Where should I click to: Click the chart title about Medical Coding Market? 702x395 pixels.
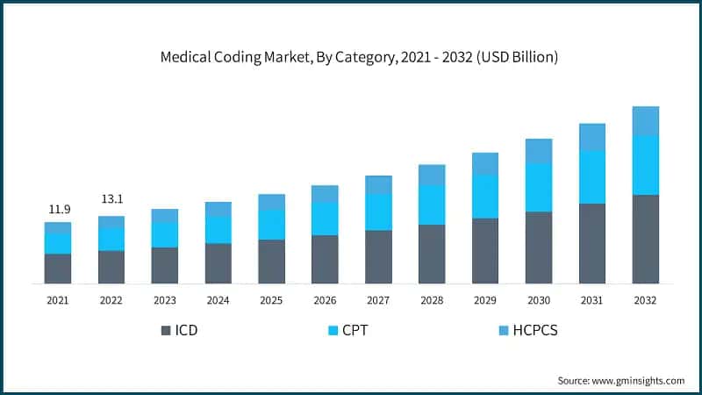tap(359, 58)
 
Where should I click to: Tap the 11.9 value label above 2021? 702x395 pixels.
tap(58, 209)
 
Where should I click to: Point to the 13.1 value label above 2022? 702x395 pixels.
tap(111, 199)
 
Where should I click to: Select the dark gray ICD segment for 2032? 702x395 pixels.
tap(645, 239)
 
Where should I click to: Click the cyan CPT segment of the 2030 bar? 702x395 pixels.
tap(539, 187)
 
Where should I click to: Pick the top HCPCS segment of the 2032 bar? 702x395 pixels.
tap(645, 121)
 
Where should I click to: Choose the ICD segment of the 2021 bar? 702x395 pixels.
tap(58, 269)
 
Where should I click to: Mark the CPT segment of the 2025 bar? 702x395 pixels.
tap(271, 225)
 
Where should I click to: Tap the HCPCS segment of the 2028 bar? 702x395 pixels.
tap(432, 175)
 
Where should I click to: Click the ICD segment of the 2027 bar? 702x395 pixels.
tap(378, 256)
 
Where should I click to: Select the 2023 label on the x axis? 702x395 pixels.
tap(164, 300)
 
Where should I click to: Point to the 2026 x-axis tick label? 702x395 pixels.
tap(325, 300)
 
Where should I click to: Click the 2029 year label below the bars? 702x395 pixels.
tap(485, 300)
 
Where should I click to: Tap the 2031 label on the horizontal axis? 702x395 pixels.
tap(592, 300)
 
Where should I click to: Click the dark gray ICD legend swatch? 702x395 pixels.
tap(166, 331)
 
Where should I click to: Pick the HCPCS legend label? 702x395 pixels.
tap(535, 331)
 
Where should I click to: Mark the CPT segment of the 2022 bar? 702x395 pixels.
tap(111, 239)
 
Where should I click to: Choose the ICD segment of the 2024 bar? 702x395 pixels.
tap(218, 263)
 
